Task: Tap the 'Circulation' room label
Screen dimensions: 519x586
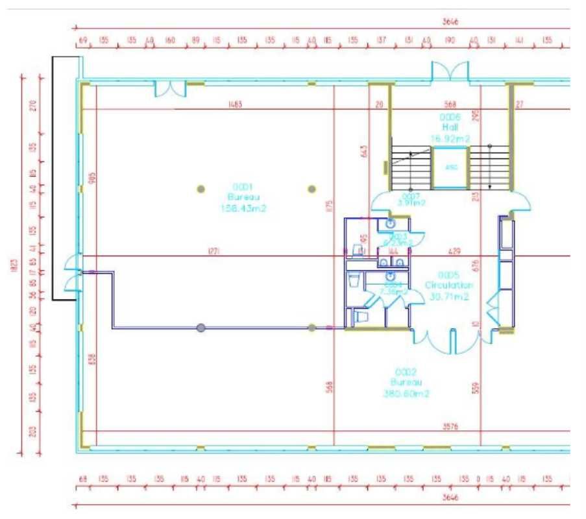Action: pos(449,285)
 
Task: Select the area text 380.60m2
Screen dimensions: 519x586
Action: pos(406,393)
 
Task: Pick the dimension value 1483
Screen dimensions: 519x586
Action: pos(236,104)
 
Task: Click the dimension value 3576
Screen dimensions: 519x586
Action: pos(450,427)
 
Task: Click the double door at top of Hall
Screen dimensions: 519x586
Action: pos(450,71)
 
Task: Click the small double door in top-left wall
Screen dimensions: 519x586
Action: pos(169,89)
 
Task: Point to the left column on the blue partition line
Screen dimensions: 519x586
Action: pos(201,328)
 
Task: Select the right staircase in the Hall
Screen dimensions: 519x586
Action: pos(489,167)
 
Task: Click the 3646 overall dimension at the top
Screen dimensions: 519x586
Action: pos(450,21)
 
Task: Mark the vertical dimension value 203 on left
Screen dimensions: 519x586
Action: pos(33,431)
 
